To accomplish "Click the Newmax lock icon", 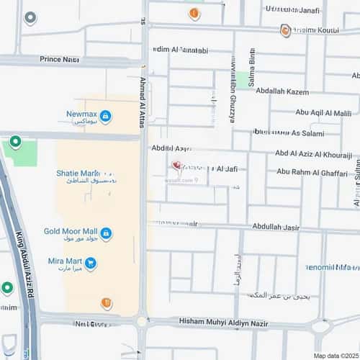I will (105, 116).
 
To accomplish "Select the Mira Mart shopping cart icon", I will (90, 264).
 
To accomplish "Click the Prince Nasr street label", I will (60, 58).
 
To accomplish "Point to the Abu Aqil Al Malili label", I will (323, 112).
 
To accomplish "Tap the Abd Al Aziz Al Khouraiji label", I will (313, 155).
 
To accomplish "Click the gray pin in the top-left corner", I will (30, 17).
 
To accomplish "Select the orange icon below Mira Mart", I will (107, 303).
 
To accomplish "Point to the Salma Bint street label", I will (252, 71).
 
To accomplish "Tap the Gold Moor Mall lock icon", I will (105, 233).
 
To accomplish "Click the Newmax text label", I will (81, 113).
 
